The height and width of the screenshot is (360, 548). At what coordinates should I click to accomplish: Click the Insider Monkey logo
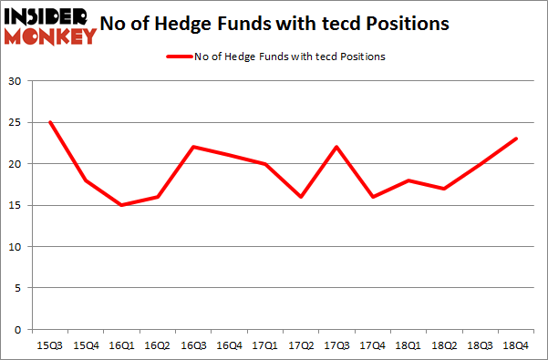pyautogui.click(x=50, y=26)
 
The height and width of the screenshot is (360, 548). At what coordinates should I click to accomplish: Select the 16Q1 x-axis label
pyautogui.click(x=120, y=345)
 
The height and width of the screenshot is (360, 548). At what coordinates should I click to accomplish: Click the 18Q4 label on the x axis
pyautogui.click(x=515, y=345)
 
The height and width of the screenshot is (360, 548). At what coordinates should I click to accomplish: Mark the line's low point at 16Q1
pyautogui.click(x=120, y=205)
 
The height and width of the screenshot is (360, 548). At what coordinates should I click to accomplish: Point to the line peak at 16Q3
pyautogui.click(x=192, y=147)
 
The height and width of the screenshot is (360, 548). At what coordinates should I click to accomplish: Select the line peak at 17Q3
pyautogui.click(x=336, y=147)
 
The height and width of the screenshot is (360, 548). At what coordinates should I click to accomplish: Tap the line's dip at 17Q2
pyautogui.click(x=300, y=197)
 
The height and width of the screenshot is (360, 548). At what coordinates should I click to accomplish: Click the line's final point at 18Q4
pyautogui.click(x=515, y=139)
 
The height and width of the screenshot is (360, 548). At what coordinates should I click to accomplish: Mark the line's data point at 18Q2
pyautogui.click(x=443, y=189)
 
